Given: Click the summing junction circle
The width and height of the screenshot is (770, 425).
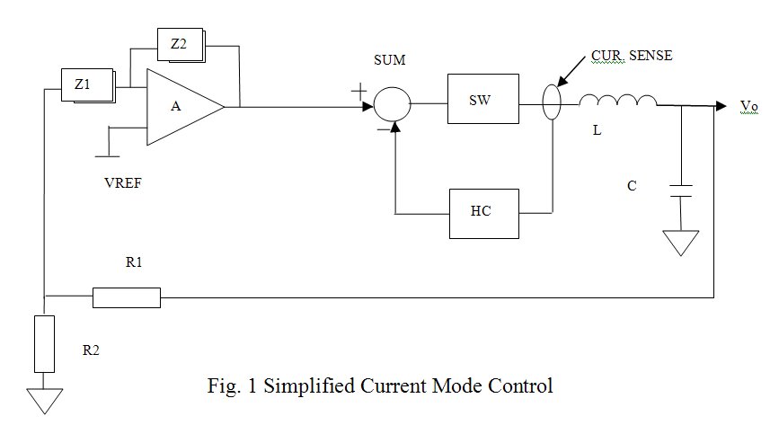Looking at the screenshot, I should click(392, 105).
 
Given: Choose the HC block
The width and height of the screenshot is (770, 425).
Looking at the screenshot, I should click(483, 213).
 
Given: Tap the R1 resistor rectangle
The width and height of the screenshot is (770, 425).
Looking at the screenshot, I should click(127, 297).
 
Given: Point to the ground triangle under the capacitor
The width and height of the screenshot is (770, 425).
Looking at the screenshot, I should click(681, 243).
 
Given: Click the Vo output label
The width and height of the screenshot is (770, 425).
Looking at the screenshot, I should click(748, 106).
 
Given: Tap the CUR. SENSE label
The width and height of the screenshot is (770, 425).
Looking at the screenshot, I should click(632, 56).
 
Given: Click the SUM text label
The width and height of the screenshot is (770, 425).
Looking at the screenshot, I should click(389, 60).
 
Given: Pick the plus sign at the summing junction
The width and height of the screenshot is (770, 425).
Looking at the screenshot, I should click(358, 91).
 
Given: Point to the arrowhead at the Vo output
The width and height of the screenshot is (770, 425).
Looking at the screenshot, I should click(721, 105).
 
